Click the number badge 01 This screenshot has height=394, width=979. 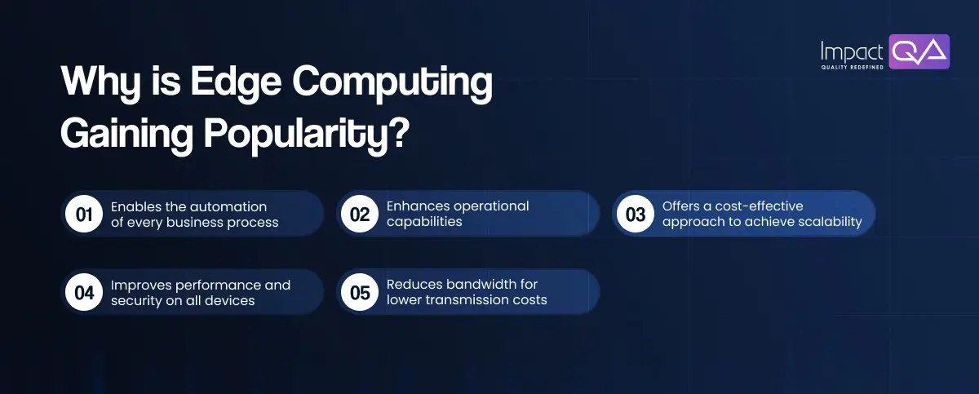click(84, 215)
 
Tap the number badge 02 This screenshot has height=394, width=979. click(360, 215)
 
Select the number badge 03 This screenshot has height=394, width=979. click(636, 215)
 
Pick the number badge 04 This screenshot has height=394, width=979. click(84, 293)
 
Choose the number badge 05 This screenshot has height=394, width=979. click(360, 293)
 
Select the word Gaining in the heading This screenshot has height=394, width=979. click(126, 135)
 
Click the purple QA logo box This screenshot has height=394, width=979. click(919, 51)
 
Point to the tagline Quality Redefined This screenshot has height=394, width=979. click(853, 67)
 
